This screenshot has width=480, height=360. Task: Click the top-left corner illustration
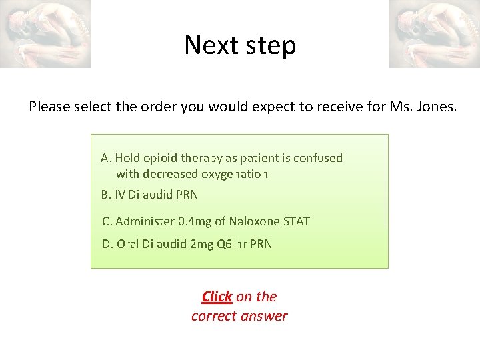coord(45,33)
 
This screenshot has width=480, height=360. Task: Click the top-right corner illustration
coord(434,33)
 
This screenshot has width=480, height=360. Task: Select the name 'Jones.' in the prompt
coord(437,106)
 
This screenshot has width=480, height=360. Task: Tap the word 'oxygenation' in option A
coord(235,174)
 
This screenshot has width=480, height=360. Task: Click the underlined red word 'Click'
coord(217,296)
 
